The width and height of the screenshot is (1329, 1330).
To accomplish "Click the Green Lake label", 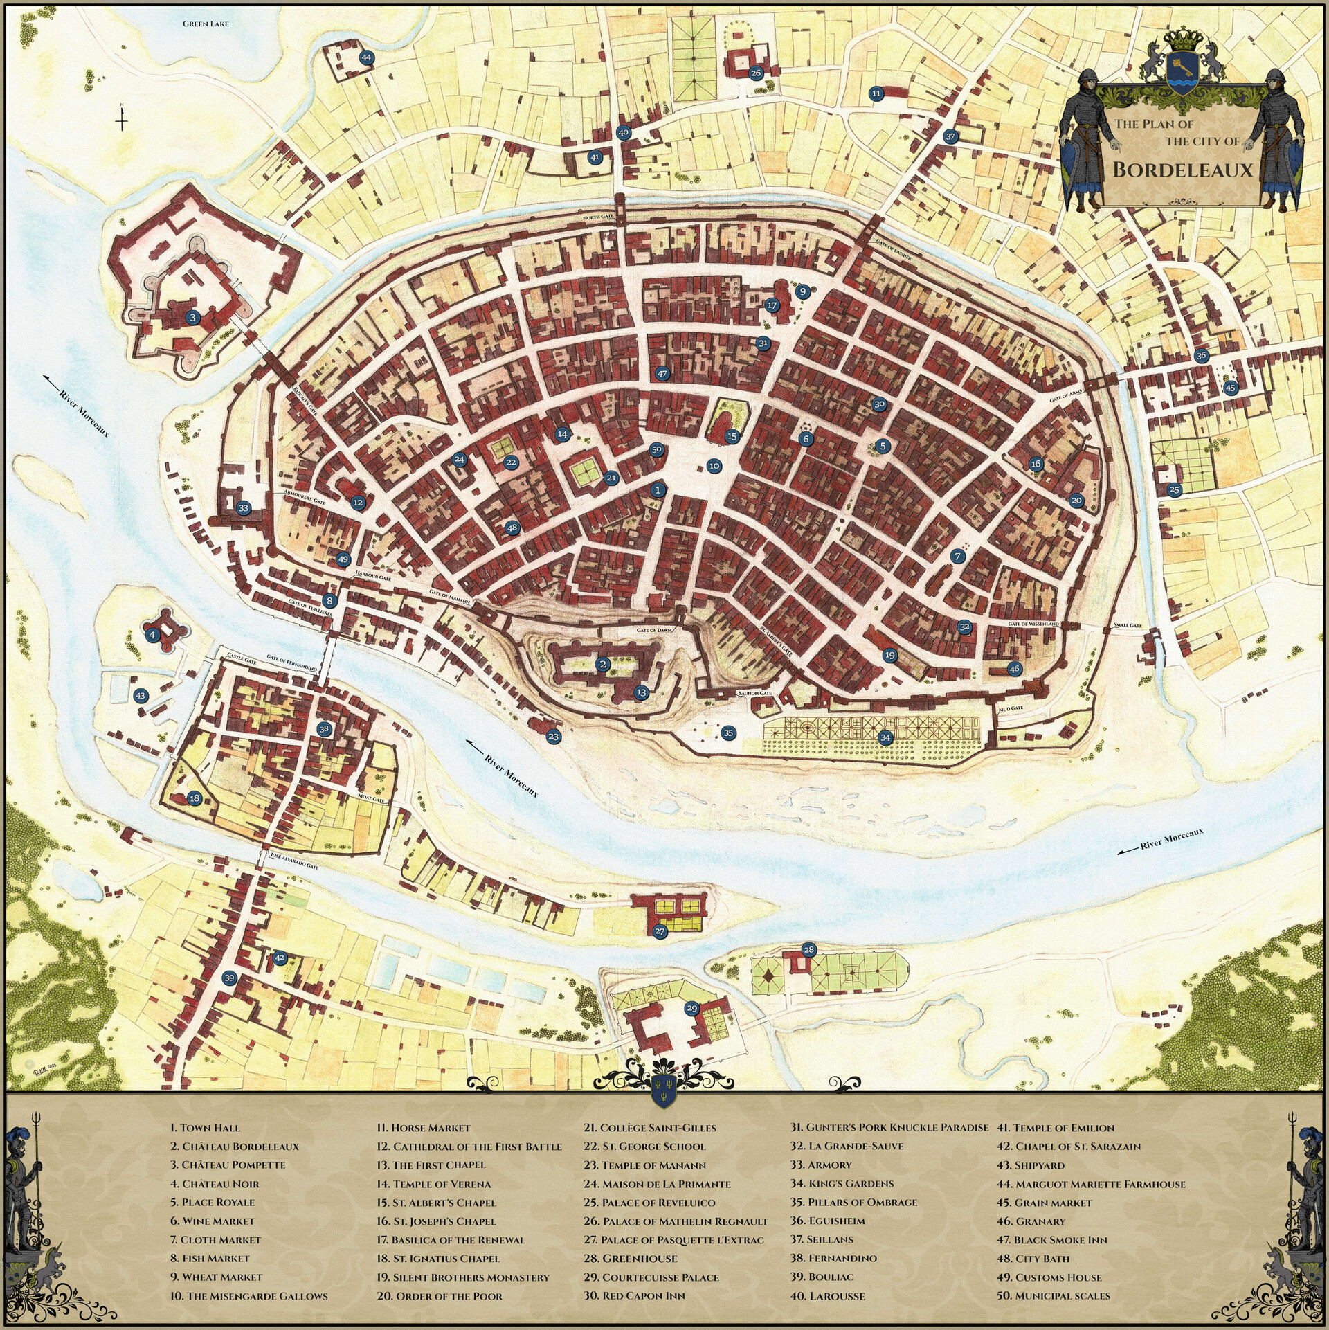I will (206, 24).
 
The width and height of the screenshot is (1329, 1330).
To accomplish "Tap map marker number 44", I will (366, 58).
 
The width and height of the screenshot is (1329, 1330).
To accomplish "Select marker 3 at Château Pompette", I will (193, 318).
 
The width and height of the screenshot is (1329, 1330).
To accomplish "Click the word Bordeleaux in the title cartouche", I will (1183, 170).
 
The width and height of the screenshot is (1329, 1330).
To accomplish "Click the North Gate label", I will (598, 217).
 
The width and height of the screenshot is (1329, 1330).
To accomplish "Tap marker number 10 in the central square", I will (714, 466).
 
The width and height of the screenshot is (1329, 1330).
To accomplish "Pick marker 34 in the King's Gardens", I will (885, 737).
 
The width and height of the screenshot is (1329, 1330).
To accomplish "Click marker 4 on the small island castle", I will (152, 635).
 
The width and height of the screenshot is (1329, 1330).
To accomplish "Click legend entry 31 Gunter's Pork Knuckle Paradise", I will (889, 1128).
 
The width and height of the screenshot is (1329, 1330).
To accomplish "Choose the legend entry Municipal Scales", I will (1054, 1295).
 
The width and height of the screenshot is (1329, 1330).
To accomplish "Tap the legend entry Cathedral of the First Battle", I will (469, 1147).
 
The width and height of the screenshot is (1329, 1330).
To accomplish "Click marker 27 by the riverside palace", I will (660, 931).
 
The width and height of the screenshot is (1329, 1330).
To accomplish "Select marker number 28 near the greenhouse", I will (808, 949).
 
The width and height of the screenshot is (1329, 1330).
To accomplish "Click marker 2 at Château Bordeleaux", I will (603, 665).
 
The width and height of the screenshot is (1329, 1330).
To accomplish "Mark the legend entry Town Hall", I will (205, 1128).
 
